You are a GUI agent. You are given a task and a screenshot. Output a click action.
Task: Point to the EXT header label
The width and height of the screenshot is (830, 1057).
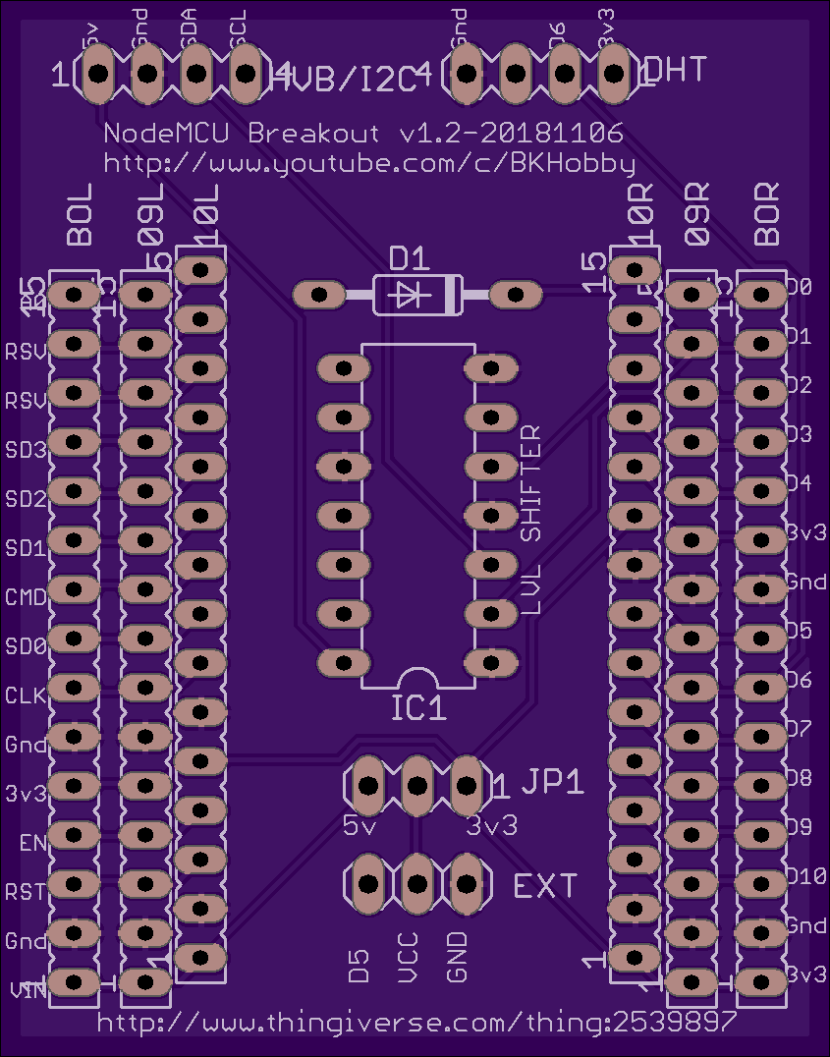click(546, 886)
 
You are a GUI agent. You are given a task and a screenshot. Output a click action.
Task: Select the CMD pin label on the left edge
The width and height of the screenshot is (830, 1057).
click(26, 596)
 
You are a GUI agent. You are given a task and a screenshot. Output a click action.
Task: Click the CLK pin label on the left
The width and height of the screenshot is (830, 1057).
click(26, 695)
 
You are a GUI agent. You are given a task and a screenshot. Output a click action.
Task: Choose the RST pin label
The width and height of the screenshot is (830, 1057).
click(26, 892)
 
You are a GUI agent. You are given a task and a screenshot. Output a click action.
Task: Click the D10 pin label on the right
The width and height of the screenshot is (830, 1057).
click(805, 875)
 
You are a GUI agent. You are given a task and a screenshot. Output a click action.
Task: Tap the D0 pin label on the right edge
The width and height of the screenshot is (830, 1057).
click(799, 287)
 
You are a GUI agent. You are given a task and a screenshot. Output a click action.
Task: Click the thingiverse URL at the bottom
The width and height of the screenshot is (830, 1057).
click(417, 1022)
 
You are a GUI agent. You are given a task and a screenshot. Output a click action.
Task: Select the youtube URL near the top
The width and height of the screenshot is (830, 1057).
click(368, 162)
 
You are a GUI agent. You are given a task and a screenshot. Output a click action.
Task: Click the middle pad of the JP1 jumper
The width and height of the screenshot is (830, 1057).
click(416, 785)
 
